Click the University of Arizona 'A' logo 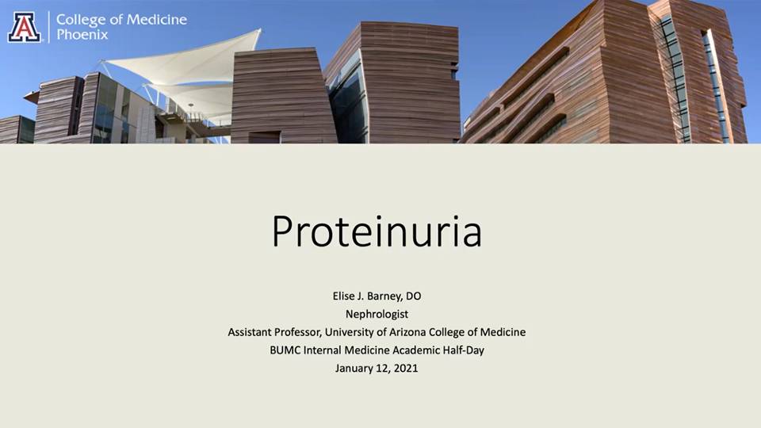(24, 27)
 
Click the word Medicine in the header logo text (156, 20)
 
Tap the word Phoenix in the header (82, 35)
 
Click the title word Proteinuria (377, 231)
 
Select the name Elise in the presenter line (344, 296)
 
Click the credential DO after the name (414, 296)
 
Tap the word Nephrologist (377, 315)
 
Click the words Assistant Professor (274, 332)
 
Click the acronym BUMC (285, 350)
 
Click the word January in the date (354, 369)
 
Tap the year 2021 (406, 369)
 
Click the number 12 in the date (382, 369)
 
